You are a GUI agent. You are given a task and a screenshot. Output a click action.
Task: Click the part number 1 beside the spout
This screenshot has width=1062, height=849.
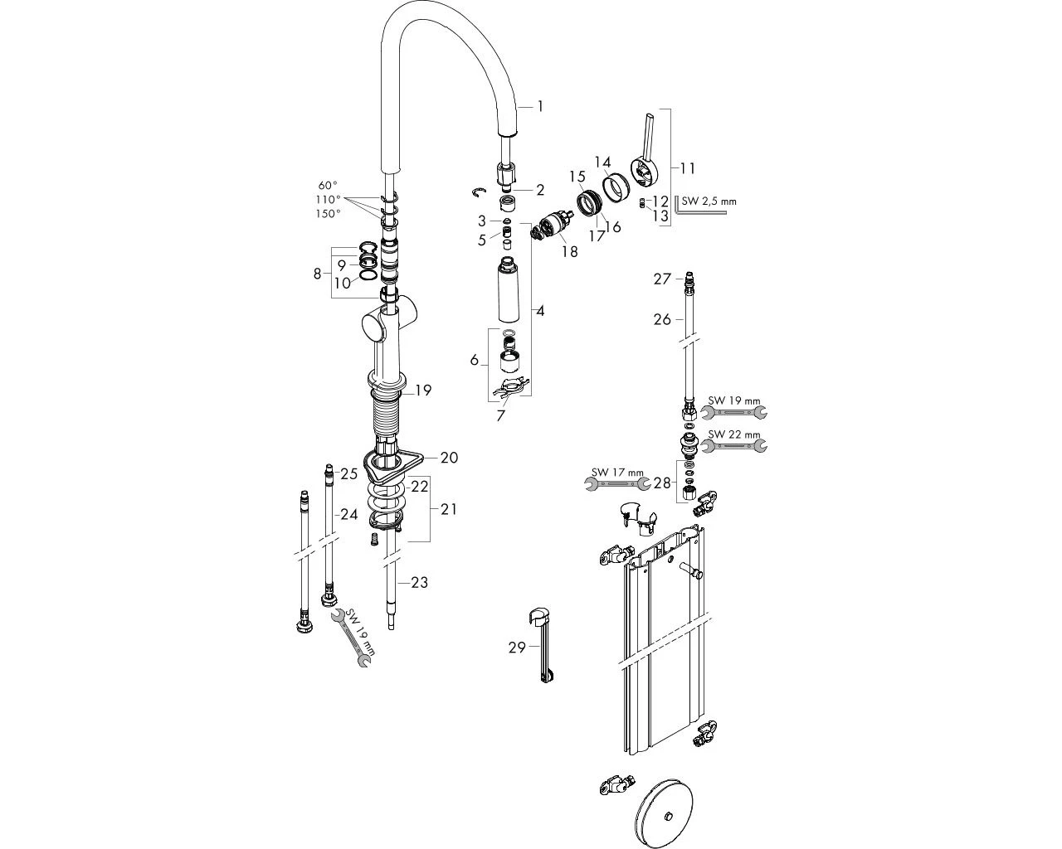click(x=540, y=106)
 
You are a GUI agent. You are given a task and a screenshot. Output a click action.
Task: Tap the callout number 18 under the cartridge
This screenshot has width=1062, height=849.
click(x=569, y=251)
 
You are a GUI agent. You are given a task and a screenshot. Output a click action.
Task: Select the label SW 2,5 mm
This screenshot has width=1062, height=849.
click(x=709, y=201)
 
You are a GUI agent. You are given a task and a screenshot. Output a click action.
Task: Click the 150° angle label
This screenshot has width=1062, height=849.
click(x=329, y=214)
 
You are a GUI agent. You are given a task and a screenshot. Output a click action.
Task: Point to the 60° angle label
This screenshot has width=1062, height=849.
click(x=329, y=186)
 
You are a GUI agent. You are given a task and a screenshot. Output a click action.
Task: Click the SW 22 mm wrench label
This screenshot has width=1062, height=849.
click(x=734, y=434)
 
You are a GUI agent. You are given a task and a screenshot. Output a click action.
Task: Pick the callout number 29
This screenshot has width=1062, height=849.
click(x=517, y=648)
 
